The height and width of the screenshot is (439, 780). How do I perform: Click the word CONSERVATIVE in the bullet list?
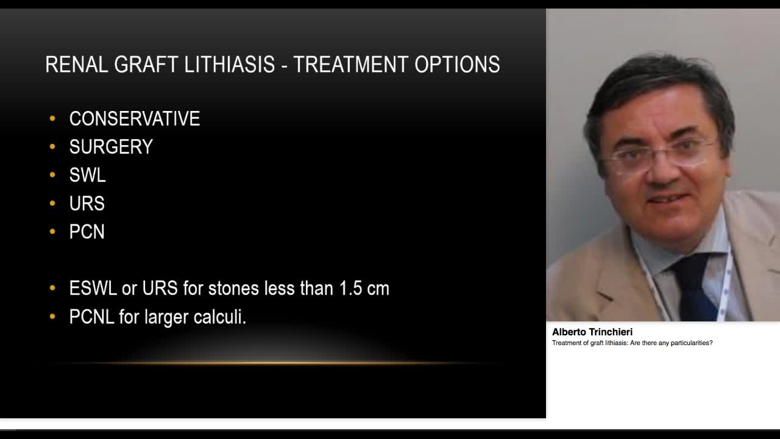(x=134, y=118)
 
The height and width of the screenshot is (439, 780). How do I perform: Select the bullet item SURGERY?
(x=111, y=147)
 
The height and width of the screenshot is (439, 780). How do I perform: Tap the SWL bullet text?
(x=87, y=175)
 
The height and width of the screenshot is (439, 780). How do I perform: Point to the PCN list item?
(x=87, y=232)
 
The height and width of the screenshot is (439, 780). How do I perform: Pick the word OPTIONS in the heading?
(x=458, y=65)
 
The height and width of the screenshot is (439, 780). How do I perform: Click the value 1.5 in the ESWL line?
(x=350, y=288)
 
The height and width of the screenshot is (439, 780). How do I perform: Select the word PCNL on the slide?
(x=91, y=317)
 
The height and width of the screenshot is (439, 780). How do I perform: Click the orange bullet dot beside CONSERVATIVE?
(x=52, y=118)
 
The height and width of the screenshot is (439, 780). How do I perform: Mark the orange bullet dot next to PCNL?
(x=52, y=317)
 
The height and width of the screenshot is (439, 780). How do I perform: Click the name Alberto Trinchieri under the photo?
(x=592, y=332)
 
